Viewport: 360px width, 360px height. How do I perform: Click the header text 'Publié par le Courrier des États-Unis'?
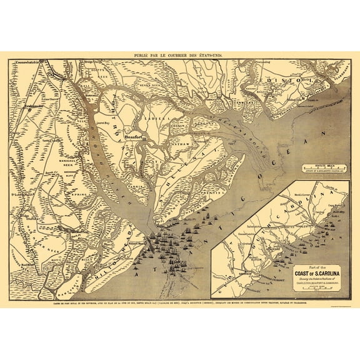pos(180,55)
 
